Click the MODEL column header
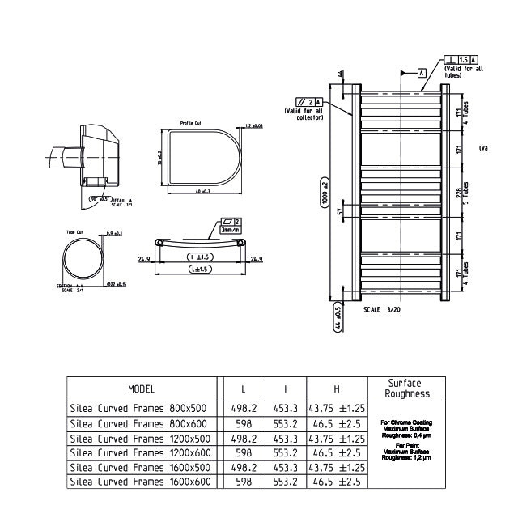tap(141, 389)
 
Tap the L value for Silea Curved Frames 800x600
tap(244, 423)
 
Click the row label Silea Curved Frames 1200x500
tap(138, 438)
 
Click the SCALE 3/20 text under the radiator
tap(383, 309)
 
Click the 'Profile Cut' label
tap(191, 124)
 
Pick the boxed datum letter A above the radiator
tap(422, 73)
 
